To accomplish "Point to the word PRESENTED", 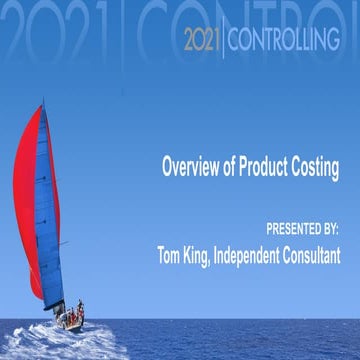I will click(x=293, y=229).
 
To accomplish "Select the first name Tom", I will click(x=172, y=254).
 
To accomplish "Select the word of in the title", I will click(x=234, y=166).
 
